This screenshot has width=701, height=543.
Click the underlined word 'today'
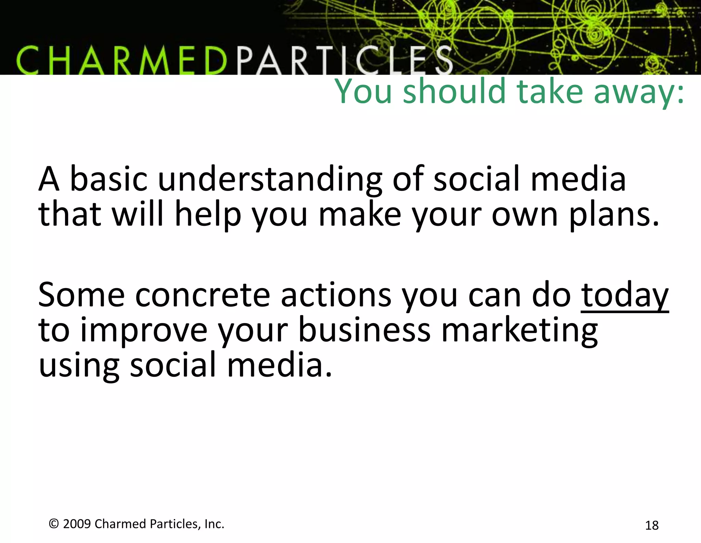[625, 295]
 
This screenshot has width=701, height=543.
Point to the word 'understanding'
[270, 179]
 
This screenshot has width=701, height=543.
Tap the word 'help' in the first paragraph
[208, 215]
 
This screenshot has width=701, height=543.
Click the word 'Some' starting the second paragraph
[81, 295]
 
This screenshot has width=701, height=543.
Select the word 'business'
[364, 330]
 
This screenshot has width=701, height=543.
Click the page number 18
[652, 525]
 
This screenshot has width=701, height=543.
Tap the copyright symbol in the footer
[54, 524]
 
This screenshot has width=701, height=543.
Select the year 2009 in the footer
[77, 524]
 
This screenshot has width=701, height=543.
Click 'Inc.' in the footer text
[214, 524]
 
